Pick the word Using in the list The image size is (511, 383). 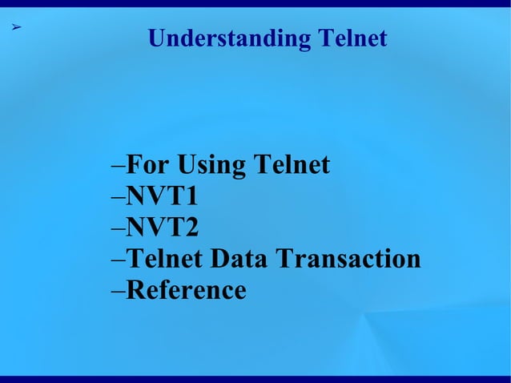[211, 167]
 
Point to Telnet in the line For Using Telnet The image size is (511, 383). [291, 165]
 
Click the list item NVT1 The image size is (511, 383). [161, 196]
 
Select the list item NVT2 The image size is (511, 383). [161, 228]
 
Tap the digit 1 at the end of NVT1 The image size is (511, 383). [191, 196]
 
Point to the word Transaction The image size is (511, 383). [348, 259]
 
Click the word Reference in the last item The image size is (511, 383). [186, 290]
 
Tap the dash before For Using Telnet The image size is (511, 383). [118, 167]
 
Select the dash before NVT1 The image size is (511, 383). [118, 199]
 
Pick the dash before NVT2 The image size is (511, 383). [118, 230]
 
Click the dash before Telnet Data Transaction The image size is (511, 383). [118, 261]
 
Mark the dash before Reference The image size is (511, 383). [118, 292]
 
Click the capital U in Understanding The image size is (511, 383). [158, 38]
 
